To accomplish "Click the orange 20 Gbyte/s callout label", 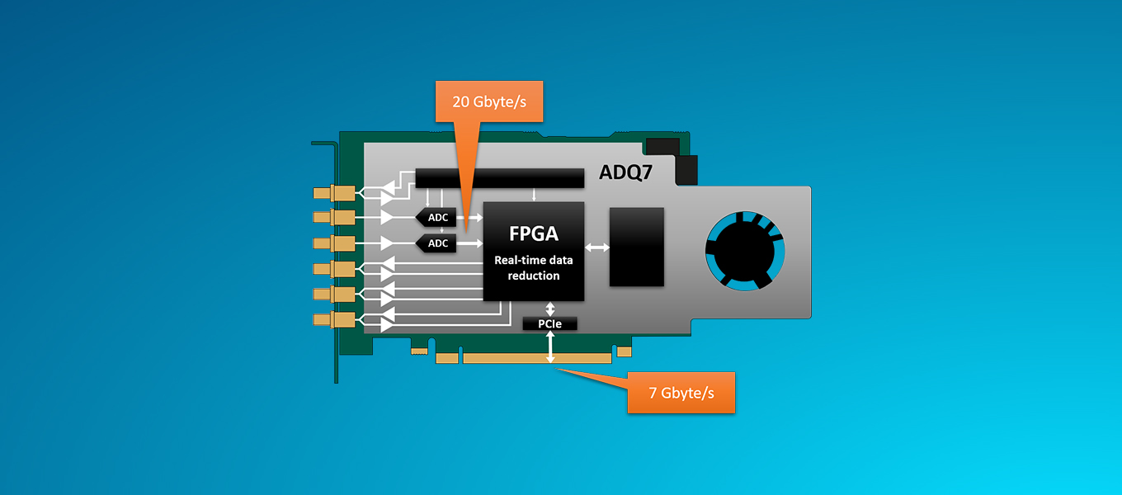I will click(489, 102).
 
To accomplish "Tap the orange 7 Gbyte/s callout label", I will click(681, 393).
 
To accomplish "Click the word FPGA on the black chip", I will click(533, 233).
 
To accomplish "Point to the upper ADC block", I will click(436, 218).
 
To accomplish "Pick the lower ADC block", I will click(436, 243).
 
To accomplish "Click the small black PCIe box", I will click(549, 324).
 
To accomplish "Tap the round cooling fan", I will click(743, 251).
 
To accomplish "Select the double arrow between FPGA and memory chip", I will click(596, 247).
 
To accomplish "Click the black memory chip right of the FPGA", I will click(636, 247).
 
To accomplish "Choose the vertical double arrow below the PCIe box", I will click(550, 346).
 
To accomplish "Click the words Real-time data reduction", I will click(533, 267).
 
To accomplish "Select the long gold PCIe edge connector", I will click(537, 358).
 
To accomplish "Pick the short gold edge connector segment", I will click(446, 358).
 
